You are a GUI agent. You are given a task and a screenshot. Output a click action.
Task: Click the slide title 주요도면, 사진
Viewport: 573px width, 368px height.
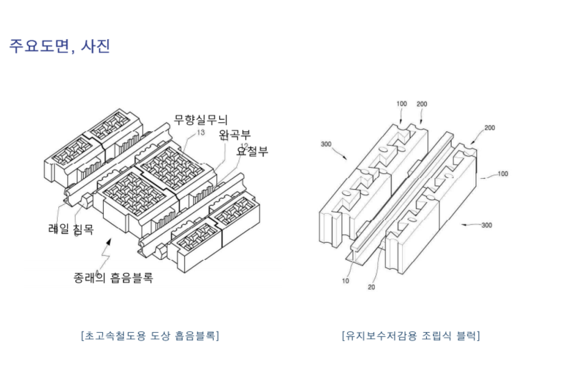click(59, 46)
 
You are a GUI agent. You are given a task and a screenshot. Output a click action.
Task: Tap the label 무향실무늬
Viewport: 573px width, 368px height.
click(200, 119)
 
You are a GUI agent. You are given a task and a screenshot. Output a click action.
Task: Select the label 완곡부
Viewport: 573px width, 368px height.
click(235, 135)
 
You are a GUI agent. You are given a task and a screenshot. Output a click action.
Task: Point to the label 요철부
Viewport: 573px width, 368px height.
click(252, 151)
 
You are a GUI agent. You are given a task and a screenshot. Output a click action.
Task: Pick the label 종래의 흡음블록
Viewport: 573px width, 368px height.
click(113, 278)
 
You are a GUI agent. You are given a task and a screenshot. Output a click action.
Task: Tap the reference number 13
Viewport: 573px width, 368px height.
click(201, 133)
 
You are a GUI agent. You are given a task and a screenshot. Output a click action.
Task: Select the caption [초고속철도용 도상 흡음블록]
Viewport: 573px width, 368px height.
click(150, 335)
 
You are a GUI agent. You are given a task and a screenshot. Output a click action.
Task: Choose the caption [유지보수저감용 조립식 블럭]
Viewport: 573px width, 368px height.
click(411, 335)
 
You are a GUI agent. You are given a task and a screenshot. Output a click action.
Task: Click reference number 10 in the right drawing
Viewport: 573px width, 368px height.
click(345, 281)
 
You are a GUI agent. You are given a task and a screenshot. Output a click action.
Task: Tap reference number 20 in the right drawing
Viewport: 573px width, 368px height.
click(372, 287)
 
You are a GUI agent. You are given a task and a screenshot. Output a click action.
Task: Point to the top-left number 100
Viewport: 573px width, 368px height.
click(402, 104)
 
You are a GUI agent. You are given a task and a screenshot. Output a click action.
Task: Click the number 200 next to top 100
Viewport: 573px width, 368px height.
click(422, 104)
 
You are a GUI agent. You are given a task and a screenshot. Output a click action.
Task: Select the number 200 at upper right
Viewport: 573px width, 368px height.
click(489, 128)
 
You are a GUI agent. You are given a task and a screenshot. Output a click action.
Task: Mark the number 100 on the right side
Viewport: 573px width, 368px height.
click(503, 174)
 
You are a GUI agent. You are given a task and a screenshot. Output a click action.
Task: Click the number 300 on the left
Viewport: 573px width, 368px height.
click(326, 144)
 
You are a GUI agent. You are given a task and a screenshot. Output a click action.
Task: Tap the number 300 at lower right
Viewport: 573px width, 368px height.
click(487, 225)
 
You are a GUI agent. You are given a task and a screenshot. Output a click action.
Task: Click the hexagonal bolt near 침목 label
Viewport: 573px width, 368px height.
click(87, 201)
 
